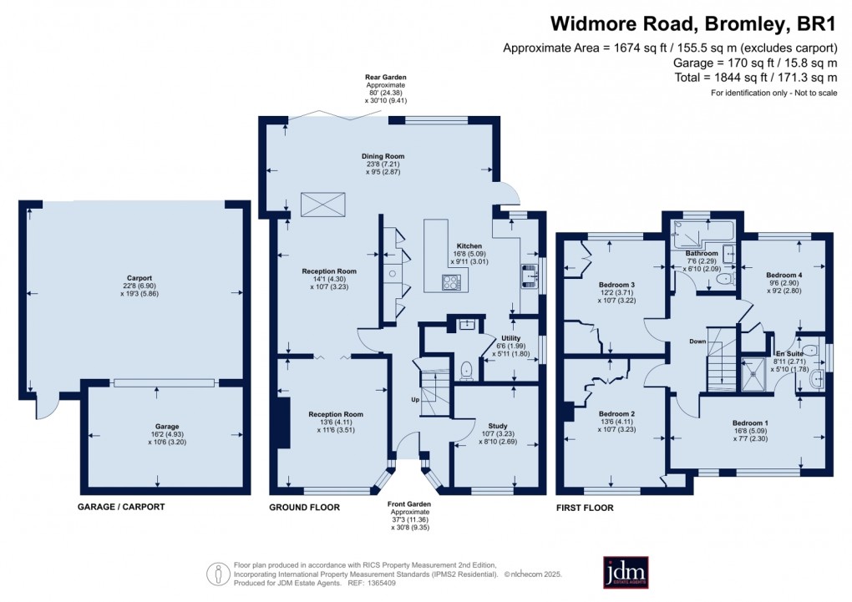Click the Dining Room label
click(383, 156)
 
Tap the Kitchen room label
click(469, 246)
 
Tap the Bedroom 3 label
click(616, 286)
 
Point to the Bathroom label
click(702, 253)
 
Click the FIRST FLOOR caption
click(586, 507)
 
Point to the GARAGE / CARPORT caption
click(121, 507)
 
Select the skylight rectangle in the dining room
click(323, 203)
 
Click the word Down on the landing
click(699, 341)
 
